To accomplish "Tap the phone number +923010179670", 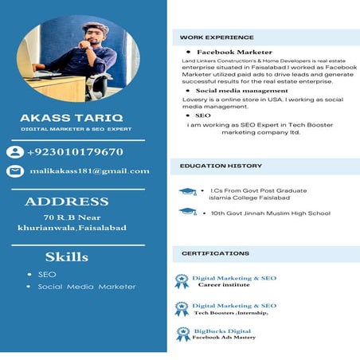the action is [75, 152].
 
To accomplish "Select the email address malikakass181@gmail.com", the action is [89, 170].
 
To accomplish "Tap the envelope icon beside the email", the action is [15, 171].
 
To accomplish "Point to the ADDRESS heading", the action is [66, 202].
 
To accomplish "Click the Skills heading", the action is [66, 257].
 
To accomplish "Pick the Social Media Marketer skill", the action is [87, 287].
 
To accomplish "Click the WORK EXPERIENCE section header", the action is [217, 37].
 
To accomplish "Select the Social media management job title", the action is [231, 91].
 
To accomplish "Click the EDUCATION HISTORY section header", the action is [221, 166].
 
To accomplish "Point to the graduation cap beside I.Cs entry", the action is [187, 192].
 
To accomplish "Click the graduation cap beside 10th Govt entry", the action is [187, 212].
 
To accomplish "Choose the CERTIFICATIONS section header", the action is [215, 253].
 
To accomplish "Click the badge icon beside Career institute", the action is [182, 280].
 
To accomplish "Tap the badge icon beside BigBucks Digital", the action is [183, 334].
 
